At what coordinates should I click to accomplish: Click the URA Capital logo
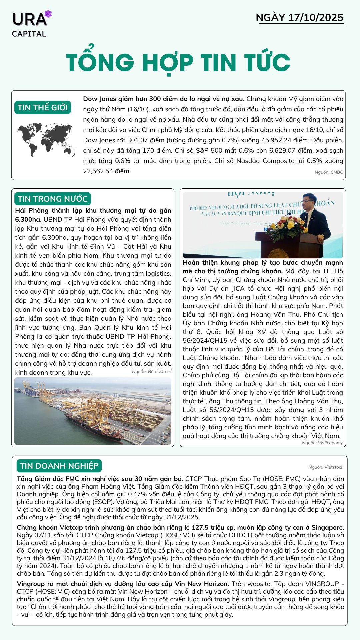click(x=31, y=24)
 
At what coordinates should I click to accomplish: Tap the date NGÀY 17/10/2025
click(x=299, y=18)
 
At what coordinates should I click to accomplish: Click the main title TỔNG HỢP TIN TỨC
click(x=178, y=62)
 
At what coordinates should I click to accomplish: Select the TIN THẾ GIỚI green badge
click(x=43, y=107)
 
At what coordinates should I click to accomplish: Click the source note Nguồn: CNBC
click(x=329, y=172)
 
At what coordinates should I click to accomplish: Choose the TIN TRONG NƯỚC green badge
click(x=52, y=199)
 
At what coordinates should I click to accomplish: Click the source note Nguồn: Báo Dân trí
click(x=152, y=371)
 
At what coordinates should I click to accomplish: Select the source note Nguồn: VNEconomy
click(x=322, y=443)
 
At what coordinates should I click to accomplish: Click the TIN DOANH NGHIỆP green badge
click(x=59, y=466)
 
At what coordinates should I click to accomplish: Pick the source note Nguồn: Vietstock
click(x=326, y=467)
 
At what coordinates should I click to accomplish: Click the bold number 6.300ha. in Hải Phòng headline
click(x=28, y=219)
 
